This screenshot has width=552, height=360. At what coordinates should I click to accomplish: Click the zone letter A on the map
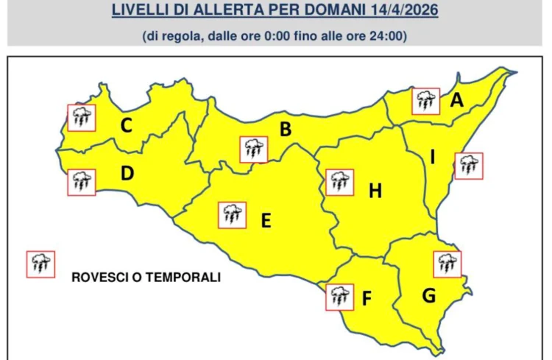[456, 100]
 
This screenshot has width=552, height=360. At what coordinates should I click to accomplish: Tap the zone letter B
[285, 130]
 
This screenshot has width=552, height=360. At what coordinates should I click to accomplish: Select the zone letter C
[127, 126]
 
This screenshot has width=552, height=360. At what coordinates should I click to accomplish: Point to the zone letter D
[127, 174]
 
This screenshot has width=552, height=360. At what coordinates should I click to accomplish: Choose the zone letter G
[428, 296]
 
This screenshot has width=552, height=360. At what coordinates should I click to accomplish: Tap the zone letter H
[375, 191]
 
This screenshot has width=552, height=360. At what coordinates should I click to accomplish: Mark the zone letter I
[433, 157]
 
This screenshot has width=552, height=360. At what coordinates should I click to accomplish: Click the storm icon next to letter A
[425, 101]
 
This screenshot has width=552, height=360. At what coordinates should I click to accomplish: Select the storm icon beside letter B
[253, 149]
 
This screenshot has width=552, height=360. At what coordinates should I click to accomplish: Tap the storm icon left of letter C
[81, 117]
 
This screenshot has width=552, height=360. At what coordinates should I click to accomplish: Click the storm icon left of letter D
[81, 182]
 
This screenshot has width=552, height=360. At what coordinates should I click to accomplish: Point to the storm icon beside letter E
[232, 215]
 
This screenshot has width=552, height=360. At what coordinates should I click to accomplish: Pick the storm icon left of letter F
[338, 296]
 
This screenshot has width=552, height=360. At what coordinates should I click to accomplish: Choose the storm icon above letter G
[446, 264]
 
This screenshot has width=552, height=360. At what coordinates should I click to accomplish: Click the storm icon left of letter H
[339, 181]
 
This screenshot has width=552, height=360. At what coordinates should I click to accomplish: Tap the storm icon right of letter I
[469, 166]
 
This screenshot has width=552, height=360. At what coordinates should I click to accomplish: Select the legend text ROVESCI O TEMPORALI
[146, 278]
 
